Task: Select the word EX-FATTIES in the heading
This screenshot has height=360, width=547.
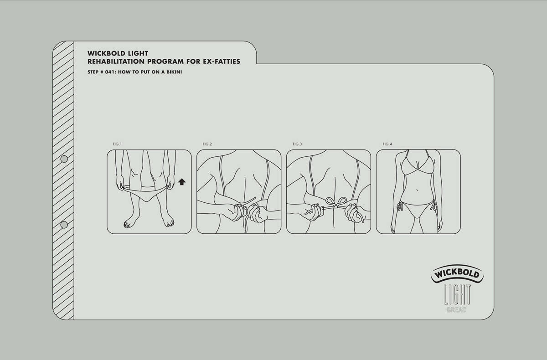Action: point(222,62)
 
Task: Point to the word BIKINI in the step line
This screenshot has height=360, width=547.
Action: point(174,72)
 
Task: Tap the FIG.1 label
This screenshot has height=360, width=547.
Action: point(117,144)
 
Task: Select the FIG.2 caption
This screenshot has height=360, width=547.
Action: point(207,144)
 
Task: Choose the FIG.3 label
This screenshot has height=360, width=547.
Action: point(297,144)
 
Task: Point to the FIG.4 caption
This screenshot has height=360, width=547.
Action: point(387,144)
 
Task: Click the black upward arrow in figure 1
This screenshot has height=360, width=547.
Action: point(182,182)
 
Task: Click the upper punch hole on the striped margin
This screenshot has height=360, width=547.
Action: point(64,159)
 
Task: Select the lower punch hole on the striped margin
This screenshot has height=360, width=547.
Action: point(64,225)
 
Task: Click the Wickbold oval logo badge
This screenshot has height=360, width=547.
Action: point(457,274)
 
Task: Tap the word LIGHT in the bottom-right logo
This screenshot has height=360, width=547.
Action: point(457,294)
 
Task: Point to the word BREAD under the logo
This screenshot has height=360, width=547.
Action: point(457,310)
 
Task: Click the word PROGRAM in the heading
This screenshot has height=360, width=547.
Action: point(165,62)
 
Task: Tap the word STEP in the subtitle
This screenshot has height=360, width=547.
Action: point(93,72)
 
